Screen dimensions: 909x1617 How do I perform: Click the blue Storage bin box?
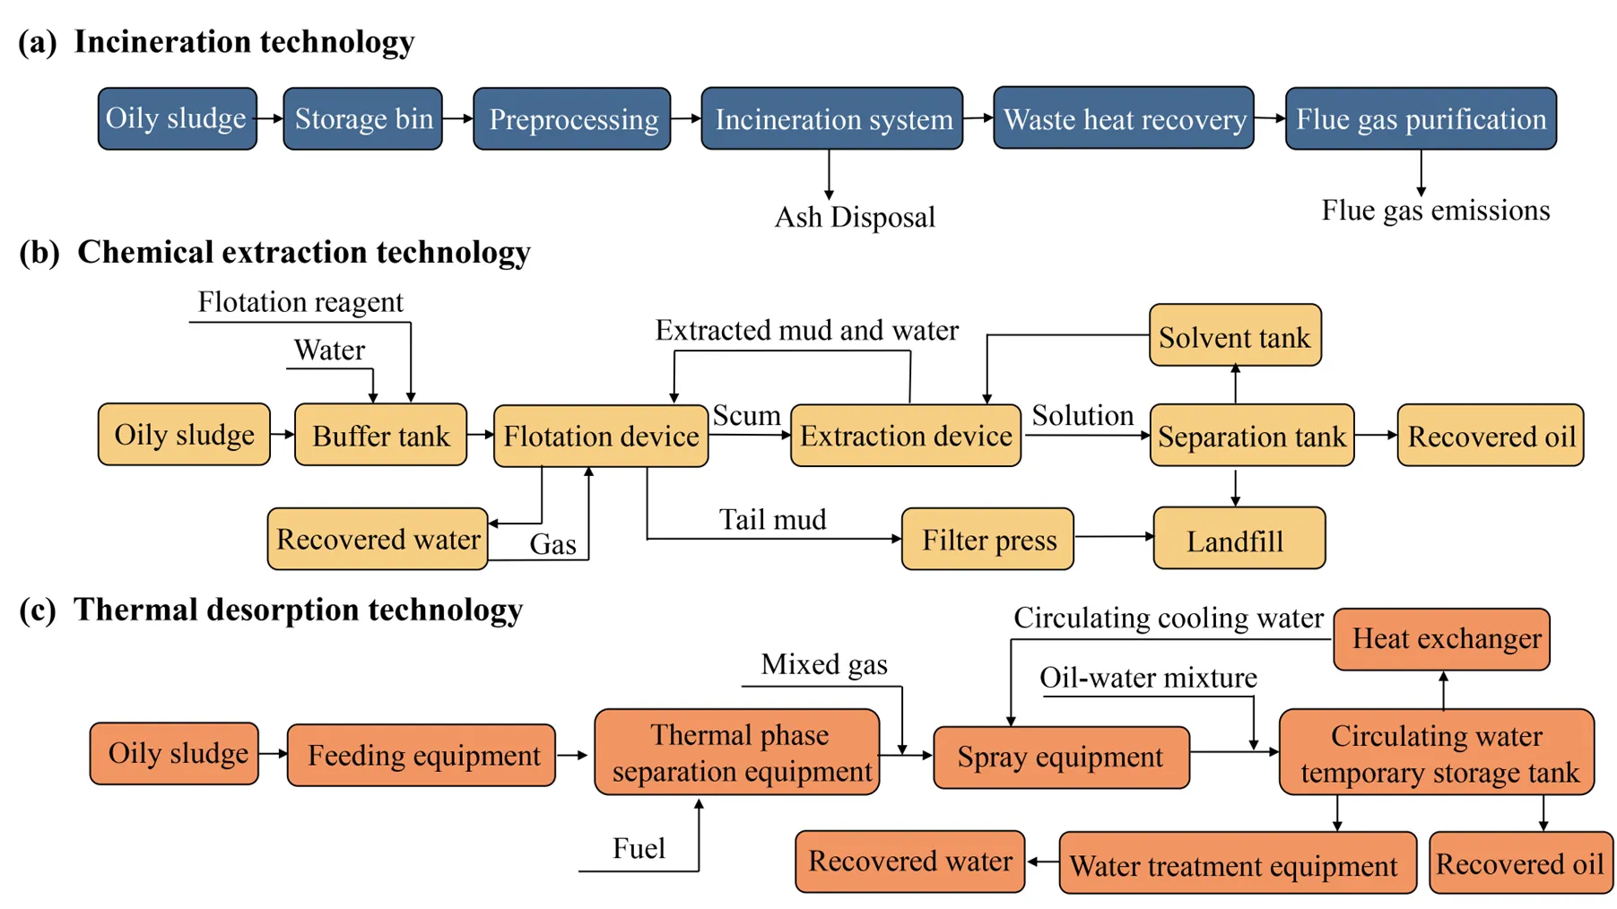[362, 118]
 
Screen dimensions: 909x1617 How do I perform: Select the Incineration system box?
[831, 118]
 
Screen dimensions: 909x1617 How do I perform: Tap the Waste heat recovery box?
[1123, 118]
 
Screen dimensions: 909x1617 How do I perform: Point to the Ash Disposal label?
[854, 217]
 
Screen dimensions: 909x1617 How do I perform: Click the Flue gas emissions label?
[1435, 211]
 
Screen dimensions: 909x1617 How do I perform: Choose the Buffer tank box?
[380, 436]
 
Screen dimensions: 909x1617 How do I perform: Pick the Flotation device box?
[601, 436]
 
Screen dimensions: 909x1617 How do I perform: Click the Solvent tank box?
[1234, 336]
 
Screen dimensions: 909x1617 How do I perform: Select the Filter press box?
[987, 540]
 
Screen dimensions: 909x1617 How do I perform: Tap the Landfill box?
[1239, 540]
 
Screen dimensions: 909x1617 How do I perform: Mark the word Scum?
[746, 416]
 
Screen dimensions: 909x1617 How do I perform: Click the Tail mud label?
[772, 520]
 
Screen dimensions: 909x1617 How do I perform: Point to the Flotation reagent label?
[300, 302]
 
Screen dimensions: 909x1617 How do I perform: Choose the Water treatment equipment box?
[1237, 865]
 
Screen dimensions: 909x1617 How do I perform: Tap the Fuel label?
[639, 848]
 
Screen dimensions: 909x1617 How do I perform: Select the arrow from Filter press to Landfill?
[1113, 537]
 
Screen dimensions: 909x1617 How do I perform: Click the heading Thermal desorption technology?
[298, 610]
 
